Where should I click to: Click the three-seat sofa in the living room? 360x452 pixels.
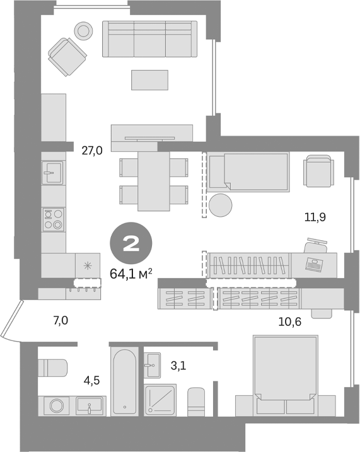click(x=150, y=39)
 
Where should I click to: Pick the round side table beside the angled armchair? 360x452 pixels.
click(x=83, y=29)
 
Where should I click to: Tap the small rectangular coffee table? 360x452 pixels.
click(x=150, y=80)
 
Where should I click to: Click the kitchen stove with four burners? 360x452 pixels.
click(x=53, y=219)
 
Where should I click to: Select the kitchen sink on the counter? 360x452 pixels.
click(x=53, y=171)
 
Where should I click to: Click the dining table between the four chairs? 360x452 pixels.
click(x=154, y=179)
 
